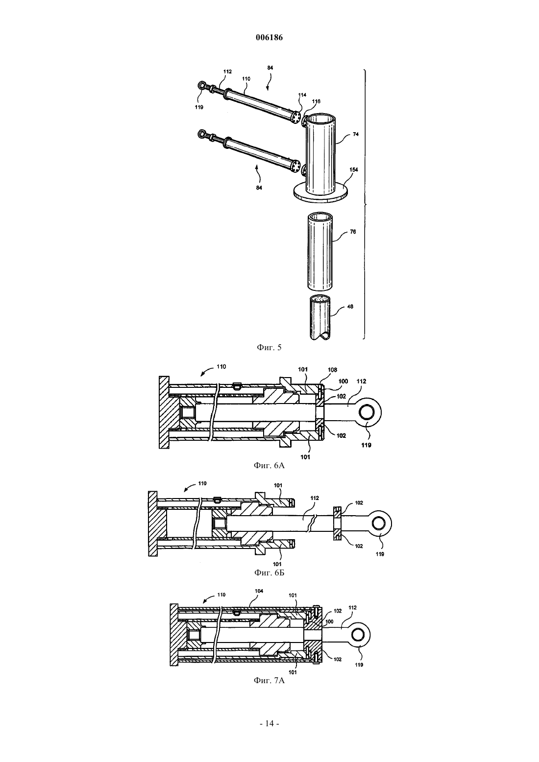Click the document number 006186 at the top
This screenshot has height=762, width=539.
click(269, 38)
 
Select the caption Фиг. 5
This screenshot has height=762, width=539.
click(269, 347)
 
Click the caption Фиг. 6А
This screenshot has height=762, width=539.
click(269, 465)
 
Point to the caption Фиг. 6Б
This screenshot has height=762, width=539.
click(269, 573)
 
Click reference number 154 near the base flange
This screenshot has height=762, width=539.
click(354, 169)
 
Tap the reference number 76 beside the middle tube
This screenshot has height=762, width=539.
click(353, 232)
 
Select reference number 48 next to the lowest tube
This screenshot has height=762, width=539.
click(350, 307)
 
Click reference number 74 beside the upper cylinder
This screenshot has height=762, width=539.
click(356, 134)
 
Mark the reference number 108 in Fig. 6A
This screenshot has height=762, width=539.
click(332, 370)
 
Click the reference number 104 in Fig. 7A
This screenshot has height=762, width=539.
click(259, 591)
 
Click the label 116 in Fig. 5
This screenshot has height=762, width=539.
click(316, 101)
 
